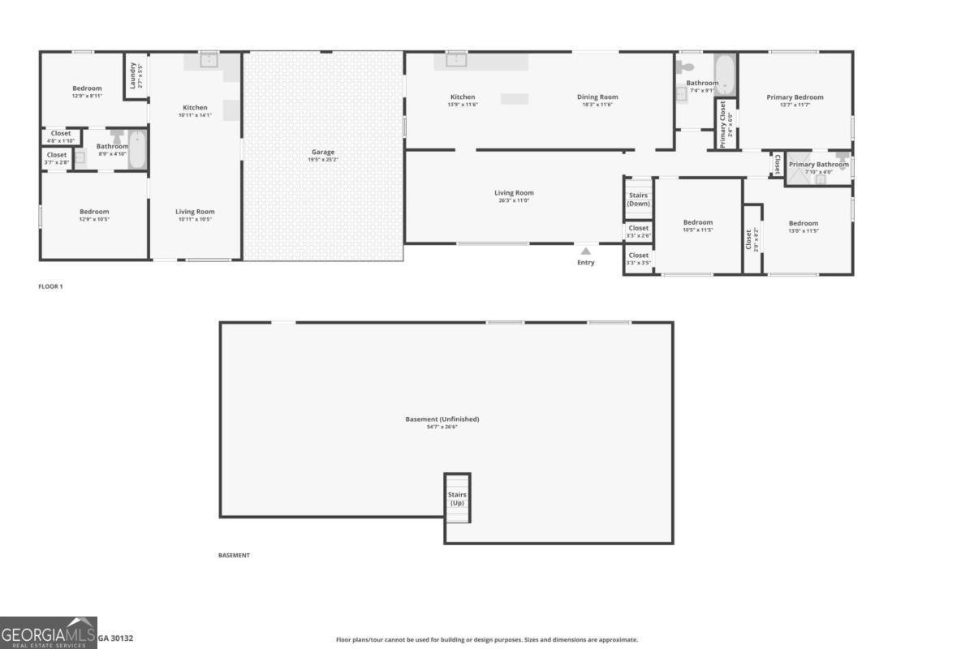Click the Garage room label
[x=323, y=152]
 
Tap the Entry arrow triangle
[x=585, y=251]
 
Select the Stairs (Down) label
[x=639, y=200]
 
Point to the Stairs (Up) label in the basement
[x=457, y=499]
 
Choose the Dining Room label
[x=597, y=97]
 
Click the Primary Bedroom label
[x=795, y=97]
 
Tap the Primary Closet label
[x=723, y=124]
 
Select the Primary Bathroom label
[x=818, y=165]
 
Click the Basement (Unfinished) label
[x=442, y=419]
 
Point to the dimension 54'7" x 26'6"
[x=442, y=427]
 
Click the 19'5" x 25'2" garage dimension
[x=323, y=160]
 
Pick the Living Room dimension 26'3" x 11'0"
[x=514, y=200]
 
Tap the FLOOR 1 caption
[x=50, y=286]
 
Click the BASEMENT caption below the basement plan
[x=234, y=556]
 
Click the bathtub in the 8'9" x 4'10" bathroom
[x=136, y=150]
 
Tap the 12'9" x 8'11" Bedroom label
[x=87, y=88]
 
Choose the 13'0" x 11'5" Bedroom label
[x=803, y=223]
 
